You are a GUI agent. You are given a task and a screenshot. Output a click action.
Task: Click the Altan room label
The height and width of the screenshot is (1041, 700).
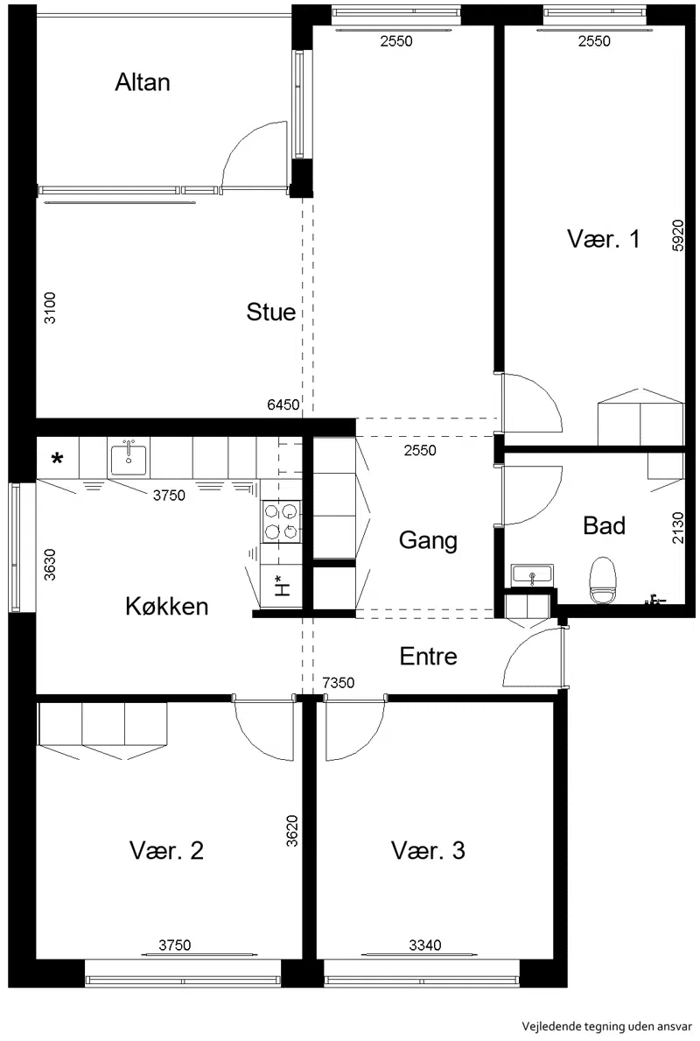[143, 82]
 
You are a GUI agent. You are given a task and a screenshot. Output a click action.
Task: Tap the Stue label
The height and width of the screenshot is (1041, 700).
[270, 312]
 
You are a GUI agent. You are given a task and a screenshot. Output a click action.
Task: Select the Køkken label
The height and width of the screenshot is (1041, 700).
[166, 606]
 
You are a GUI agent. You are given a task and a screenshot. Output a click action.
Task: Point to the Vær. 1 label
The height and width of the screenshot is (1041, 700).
[603, 239]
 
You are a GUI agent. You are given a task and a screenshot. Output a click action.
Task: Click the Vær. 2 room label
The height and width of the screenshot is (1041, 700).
[166, 850]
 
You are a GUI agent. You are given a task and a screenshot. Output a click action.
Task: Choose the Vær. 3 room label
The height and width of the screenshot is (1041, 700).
[428, 850]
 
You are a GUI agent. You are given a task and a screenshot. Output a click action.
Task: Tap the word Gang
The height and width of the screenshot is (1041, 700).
[428, 540]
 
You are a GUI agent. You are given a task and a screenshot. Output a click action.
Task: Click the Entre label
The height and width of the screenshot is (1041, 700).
[428, 657]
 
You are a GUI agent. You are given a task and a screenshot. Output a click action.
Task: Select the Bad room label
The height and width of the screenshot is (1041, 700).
[604, 526]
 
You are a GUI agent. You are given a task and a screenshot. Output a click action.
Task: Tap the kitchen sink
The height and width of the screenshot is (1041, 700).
[129, 457]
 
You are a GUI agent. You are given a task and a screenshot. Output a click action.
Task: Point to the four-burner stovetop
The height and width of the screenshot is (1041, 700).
[282, 522]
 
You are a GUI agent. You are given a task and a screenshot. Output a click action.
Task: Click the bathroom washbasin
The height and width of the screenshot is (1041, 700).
[531, 575]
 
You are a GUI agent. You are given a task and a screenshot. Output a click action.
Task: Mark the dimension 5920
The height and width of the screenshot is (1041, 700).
[677, 235]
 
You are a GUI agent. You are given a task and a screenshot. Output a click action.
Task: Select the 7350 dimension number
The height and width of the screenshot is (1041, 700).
[339, 683]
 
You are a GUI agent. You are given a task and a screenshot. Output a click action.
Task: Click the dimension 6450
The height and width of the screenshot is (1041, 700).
[283, 404]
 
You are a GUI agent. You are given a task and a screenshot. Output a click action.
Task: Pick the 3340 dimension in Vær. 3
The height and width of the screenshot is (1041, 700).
[424, 945]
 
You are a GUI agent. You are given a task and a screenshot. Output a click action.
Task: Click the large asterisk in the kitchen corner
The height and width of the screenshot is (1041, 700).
[58, 459]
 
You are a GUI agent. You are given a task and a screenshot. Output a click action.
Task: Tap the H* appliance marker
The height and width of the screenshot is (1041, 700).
[282, 586]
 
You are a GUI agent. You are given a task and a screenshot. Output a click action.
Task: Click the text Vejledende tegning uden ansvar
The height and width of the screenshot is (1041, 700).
[607, 1026]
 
